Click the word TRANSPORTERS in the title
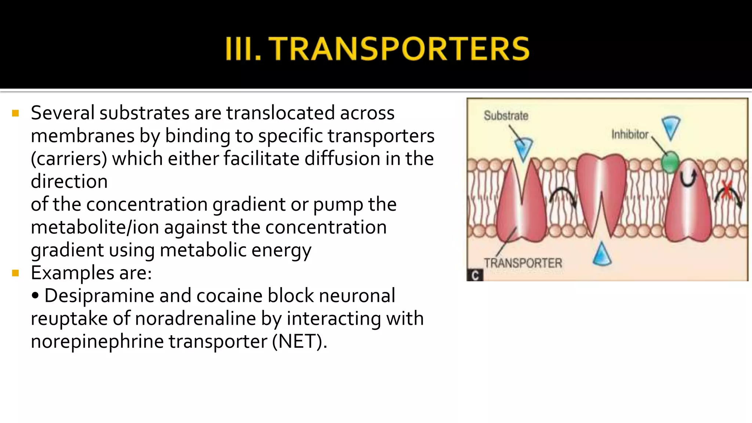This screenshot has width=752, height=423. coord(399,48)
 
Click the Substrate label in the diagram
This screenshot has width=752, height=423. coord(506,116)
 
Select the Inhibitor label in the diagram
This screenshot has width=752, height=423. coord(630,135)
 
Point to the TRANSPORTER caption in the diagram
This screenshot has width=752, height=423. coord(523,263)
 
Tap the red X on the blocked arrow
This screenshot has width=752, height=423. coord(726,190)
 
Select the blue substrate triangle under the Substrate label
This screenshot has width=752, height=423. coord(524,149)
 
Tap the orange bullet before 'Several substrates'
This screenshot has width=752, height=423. coord(15,113)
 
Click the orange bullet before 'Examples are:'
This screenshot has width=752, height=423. coord(15,273)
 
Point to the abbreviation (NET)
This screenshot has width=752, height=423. coord(299,341)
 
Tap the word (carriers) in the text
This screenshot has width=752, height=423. coord(69,159)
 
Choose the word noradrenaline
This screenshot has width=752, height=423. coord(195,319)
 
